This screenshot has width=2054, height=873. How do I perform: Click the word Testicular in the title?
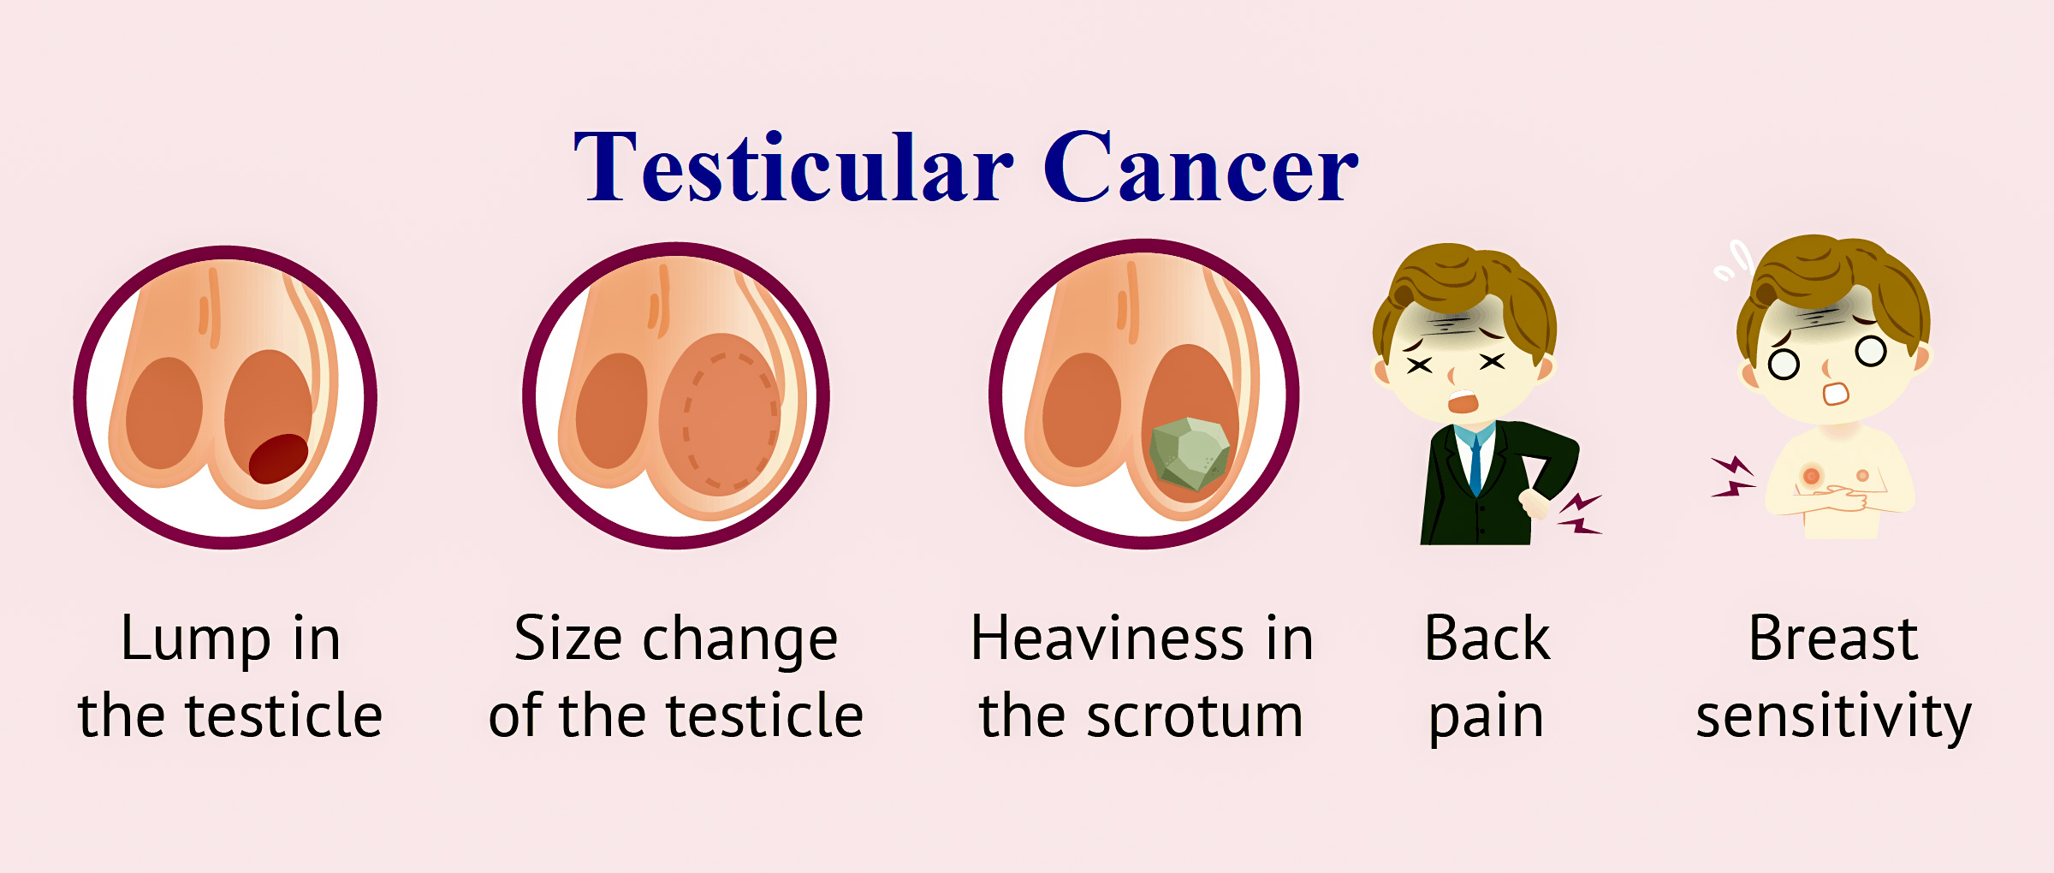point(793,167)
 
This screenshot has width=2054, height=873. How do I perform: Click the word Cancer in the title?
point(1201,167)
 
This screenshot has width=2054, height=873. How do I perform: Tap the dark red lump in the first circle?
point(278,458)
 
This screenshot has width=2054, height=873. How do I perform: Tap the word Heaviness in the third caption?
point(1107,638)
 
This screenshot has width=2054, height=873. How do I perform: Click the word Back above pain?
point(1487,638)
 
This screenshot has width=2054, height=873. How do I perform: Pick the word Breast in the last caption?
point(1833,638)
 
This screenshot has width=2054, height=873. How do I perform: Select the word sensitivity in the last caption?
point(1833,717)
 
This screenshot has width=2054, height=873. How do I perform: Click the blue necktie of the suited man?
point(1475,466)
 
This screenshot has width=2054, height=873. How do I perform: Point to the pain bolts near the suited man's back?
point(1579,514)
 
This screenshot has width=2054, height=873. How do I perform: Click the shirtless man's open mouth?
point(1836,394)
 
